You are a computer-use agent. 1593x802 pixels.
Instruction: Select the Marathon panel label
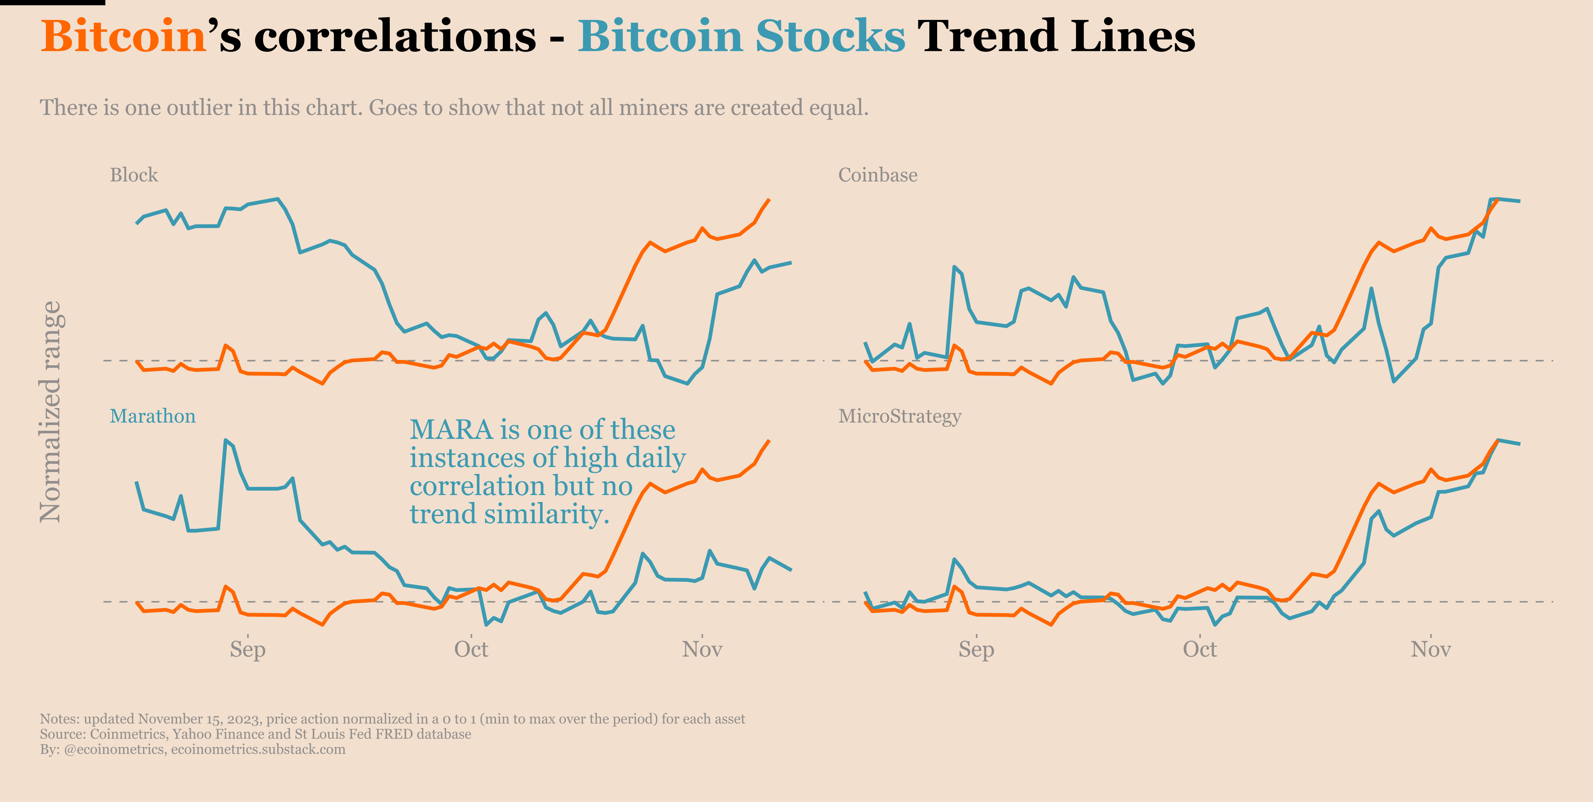[152, 416]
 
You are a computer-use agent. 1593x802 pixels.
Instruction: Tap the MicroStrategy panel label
[899, 416]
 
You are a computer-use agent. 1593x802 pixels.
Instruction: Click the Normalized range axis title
[51, 412]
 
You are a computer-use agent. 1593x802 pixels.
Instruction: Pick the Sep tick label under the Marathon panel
[248, 649]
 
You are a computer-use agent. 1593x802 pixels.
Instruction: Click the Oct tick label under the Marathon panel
[471, 649]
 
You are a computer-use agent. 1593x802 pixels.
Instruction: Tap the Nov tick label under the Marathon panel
[702, 649]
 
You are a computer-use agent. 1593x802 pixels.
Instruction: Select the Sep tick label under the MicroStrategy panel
[976, 649]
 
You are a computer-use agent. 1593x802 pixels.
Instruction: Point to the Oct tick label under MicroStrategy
[1200, 649]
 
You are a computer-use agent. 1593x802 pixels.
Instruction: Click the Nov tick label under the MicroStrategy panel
[1430, 649]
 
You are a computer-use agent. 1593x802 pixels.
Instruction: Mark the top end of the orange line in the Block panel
[769, 200]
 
